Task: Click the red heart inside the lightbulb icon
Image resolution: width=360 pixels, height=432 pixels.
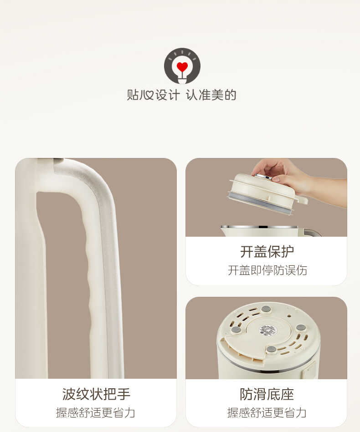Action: coord(182,67)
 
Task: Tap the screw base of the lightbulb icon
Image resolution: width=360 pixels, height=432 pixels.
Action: coord(182,80)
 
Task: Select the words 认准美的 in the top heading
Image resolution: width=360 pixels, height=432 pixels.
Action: coord(211,95)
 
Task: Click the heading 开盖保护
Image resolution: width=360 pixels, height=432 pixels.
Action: coord(267,251)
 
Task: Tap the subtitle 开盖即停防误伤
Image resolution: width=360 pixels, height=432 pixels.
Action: coord(267,270)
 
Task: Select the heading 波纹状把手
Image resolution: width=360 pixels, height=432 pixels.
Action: coord(96,394)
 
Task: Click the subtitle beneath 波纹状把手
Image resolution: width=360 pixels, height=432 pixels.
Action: coord(96,412)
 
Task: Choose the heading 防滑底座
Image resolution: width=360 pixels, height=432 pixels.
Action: coord(267,394)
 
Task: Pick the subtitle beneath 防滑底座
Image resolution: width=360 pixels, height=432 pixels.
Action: coord(267,412)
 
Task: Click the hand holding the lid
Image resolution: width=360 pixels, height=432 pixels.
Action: coord(292,175)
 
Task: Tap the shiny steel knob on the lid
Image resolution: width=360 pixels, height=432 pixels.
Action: coord(263,177)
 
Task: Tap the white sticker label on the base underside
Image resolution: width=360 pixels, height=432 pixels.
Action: coord(268,330)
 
